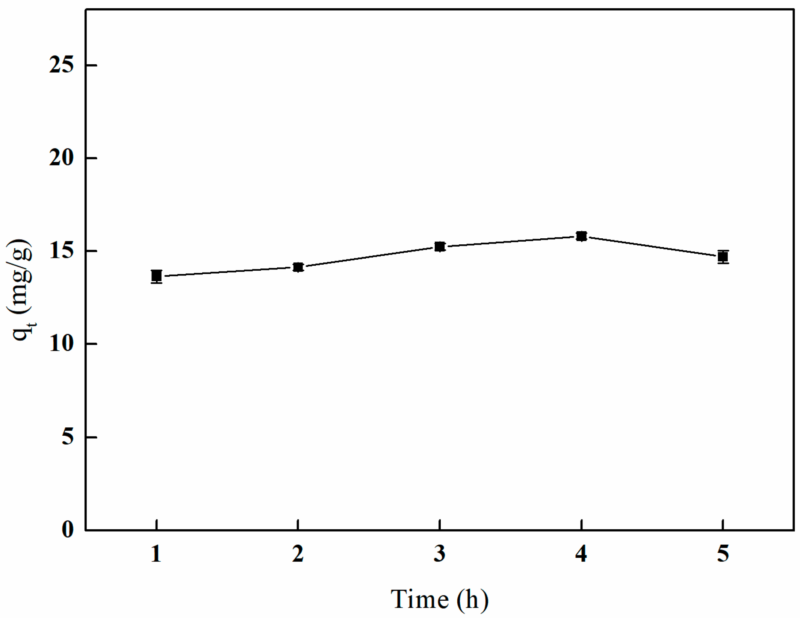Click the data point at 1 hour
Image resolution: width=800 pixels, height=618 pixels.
click(x=156, y=276)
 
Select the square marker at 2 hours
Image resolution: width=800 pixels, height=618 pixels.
click(x=298, y=267)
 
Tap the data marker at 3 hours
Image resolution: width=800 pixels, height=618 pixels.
click(x=440, y=247)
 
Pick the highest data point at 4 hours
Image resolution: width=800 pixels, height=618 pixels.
click(x=581, y=236)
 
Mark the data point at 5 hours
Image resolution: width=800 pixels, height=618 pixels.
click(x=723, y=257)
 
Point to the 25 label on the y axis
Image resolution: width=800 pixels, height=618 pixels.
click(x=61, y=65)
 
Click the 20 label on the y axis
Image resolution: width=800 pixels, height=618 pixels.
click(x=61, y=158)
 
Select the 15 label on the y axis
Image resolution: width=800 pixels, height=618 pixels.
click(x=61, y=251)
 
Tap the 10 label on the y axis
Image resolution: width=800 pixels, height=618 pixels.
click(x=61, y=344)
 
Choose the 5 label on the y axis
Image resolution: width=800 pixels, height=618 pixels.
click(x=68, y=437)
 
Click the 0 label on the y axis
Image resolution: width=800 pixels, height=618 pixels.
click(x=68, y=530)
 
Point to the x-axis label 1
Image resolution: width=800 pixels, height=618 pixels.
click(x=156, y=554)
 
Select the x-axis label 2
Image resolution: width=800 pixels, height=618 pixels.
click(x=298, y=554)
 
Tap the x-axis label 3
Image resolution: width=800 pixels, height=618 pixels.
click(x=440, y=554)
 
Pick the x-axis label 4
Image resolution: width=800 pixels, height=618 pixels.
click(x=581, y=554)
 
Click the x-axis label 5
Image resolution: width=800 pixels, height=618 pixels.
click(x=723, y=554)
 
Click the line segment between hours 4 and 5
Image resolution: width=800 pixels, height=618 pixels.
click(x=652, y=247)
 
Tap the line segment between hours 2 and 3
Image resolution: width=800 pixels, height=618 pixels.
click(x=369, y=257)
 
